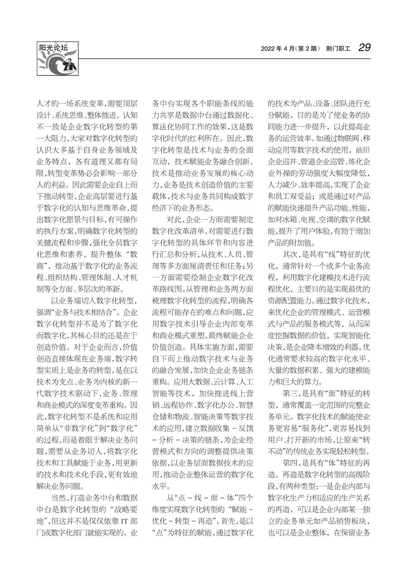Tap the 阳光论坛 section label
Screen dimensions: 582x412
54,48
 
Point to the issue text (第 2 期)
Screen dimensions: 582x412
307,48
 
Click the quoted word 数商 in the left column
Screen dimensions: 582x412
127,254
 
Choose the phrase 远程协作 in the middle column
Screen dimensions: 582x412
177,405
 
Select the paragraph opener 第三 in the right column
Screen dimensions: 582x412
290,393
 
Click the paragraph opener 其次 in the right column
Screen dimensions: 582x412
290,254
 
